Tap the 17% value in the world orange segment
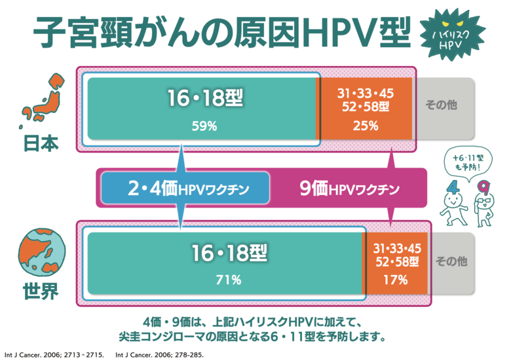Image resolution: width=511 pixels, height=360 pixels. click(x=396, y=279)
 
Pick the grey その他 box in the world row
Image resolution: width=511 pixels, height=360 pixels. click(x=452, y=261)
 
